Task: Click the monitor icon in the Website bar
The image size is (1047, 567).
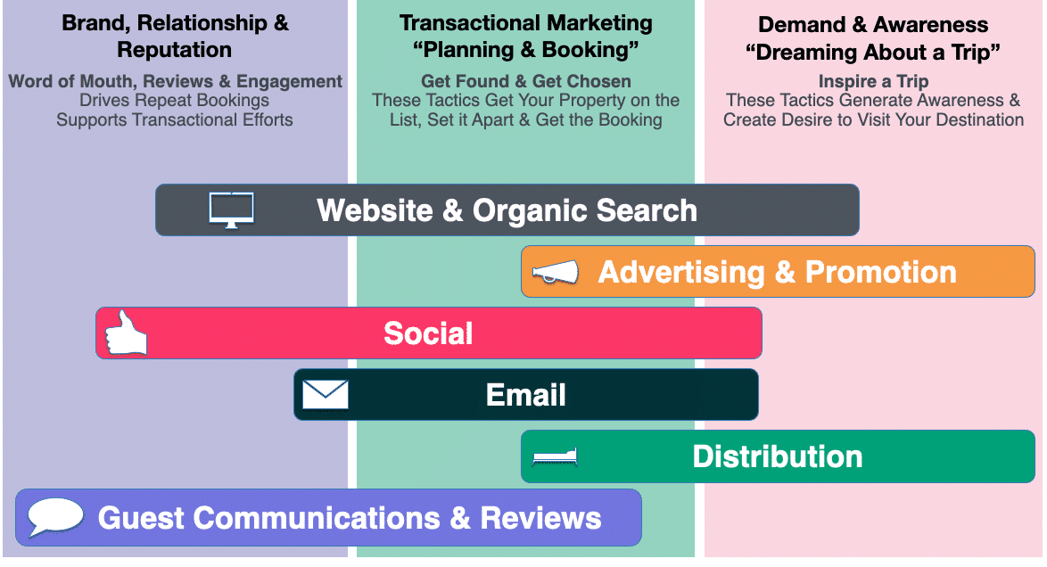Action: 231,210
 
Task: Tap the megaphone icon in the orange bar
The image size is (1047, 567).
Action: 555,272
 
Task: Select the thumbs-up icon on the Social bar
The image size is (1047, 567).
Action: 126,332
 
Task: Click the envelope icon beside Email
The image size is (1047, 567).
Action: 326,394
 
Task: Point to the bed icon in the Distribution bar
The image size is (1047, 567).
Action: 555,456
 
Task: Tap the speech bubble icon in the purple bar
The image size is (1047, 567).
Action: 55,517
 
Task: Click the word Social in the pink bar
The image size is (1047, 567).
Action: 428,333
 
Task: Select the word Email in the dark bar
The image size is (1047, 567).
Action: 525,395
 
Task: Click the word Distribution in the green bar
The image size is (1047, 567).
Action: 778,456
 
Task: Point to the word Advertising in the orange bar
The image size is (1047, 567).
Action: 681,273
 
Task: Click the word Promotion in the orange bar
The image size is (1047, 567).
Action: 881,272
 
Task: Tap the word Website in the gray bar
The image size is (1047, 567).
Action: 375,210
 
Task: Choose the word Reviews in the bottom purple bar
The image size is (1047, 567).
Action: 540,518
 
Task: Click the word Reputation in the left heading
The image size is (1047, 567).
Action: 174,50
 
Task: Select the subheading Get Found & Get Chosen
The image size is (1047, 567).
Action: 525,81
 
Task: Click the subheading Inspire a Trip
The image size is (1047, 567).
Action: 873,81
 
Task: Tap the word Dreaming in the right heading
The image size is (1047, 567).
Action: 820,52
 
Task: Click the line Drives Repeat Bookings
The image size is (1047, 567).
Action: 174,100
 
